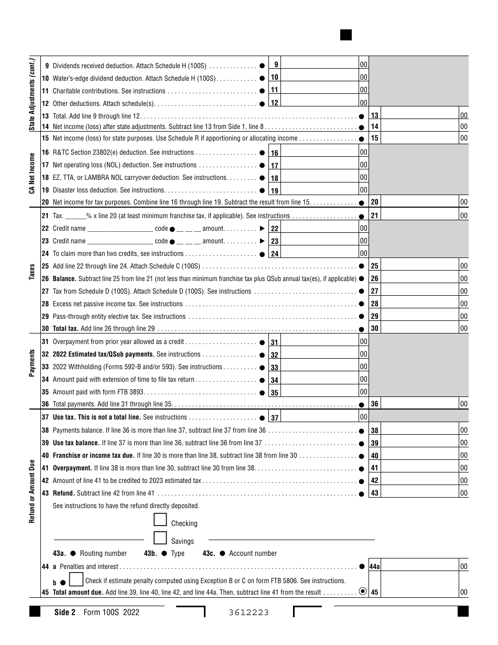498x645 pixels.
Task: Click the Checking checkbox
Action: point(160,520)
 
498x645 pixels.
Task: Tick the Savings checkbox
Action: point(160,538)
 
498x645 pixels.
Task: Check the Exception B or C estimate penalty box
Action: point(76,579)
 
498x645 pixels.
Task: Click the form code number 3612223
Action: point(250,612)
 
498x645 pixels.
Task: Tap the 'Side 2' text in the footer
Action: point(66,612)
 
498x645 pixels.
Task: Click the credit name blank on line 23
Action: point(120,241)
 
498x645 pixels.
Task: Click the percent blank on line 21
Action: point(75,216)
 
